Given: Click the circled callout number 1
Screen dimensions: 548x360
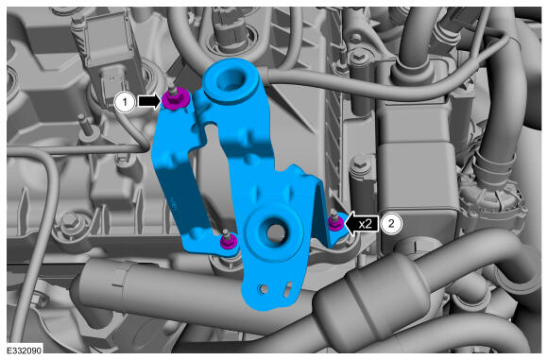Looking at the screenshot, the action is [x=125, y=102].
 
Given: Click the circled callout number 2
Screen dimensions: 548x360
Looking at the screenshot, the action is [x=391, y=223].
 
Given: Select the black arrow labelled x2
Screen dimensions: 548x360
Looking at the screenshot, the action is [x=361, y=223].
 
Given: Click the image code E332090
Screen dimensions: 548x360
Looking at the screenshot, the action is [x=25, y=351].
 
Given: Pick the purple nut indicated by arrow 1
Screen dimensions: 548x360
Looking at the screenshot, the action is [x=175, y=101].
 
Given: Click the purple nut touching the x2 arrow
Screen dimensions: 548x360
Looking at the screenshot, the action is [x=335, y=223].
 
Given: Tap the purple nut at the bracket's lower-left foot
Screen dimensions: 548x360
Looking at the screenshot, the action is [x=228, y=242].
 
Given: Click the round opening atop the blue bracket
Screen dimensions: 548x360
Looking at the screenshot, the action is [x=229, y=80].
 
